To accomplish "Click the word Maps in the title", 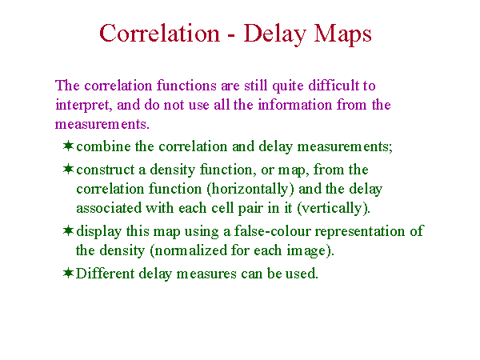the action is pos(342,34).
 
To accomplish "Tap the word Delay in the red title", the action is pos(275,34).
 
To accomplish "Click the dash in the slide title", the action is pos(231,36).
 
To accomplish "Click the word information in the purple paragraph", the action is pos(294,105).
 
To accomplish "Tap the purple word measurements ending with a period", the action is pos(102,124).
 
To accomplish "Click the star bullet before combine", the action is pos(68,146).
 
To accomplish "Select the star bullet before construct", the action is pos(68,169).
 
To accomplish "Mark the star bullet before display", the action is pos(68,230).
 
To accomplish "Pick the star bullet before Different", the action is pos(68,273).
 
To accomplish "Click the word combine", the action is pos(103,146).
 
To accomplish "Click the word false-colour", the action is pos(273,231).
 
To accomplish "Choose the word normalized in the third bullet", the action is pos(188,250).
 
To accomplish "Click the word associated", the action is pos(109,208).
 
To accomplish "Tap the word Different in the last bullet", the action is pos(105,273).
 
